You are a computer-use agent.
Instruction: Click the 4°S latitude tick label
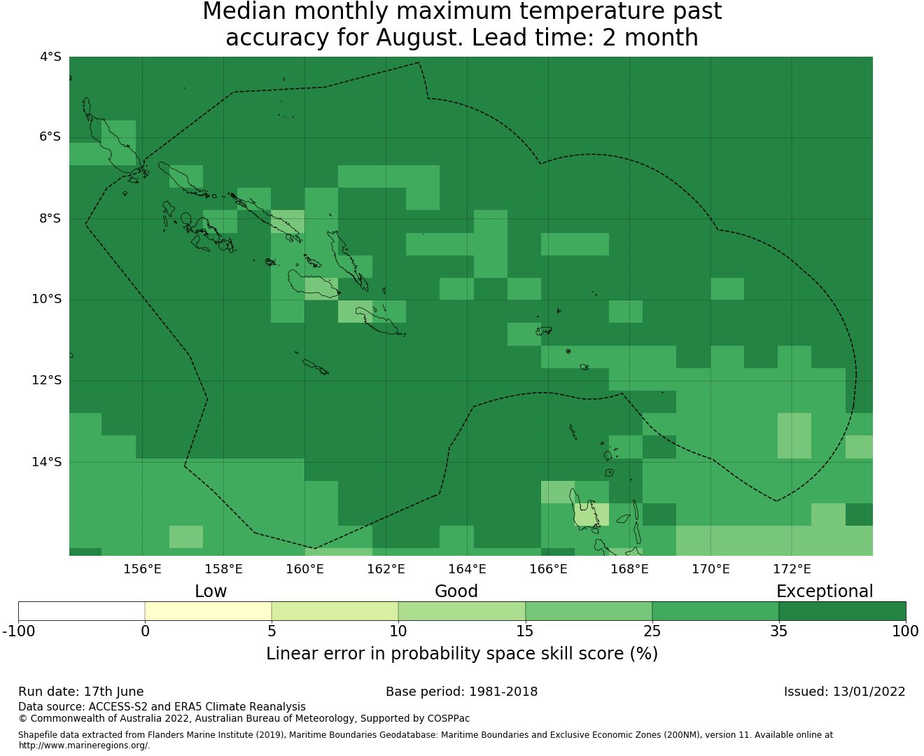click(50, 57)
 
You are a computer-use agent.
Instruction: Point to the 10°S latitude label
click(46, 300)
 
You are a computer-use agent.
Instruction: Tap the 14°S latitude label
click(46, 462)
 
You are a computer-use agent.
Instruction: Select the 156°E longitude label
click(142, 569)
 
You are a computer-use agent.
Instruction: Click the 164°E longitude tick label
click(467, 569)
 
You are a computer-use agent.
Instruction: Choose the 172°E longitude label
click(792, 569)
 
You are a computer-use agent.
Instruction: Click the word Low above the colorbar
click(211, 591)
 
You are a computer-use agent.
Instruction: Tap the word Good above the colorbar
click(456, 591)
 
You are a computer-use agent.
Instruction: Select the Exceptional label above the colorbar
click(825, 591)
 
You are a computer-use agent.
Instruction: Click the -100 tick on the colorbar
click(18, 631)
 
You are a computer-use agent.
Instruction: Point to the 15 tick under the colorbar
click(525, 631)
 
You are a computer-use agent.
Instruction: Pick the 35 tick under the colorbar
click(778, 631)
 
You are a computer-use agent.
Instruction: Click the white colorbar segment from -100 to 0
click(81, 611)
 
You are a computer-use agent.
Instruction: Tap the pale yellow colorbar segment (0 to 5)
click(208, 611)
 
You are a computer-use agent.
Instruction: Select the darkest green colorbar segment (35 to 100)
click(842, 611)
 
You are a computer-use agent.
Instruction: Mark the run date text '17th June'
click(113, 692)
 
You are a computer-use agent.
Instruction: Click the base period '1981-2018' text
click(503, 692)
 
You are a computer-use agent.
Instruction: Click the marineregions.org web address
click(84, 745)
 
